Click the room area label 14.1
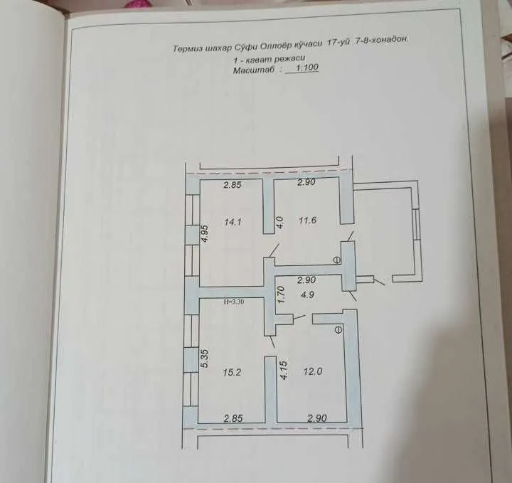[233, 223]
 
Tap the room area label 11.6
[308, 220]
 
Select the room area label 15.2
[232, 372]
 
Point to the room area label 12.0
[313, 371]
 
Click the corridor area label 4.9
[308, 294]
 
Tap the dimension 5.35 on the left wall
[205, 359]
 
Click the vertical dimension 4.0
[280, 222]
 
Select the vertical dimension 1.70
[282, 294]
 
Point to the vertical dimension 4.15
[284, 370]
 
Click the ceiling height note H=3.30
[234, 302]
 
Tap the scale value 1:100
[307, 68]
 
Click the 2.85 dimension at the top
[233, 185]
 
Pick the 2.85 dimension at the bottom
[233, 418]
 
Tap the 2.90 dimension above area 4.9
[306, 280]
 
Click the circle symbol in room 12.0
[338, 330]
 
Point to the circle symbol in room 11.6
[336, 260]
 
